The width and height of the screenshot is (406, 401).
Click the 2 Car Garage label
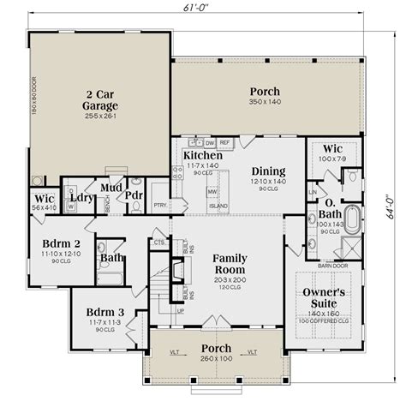(101, 99)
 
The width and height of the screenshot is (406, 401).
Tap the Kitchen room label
(203, 155)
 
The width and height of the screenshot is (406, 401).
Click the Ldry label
(81, 198)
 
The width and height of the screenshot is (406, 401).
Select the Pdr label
(134, 195)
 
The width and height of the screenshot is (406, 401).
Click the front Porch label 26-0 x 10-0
(203, 349)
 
